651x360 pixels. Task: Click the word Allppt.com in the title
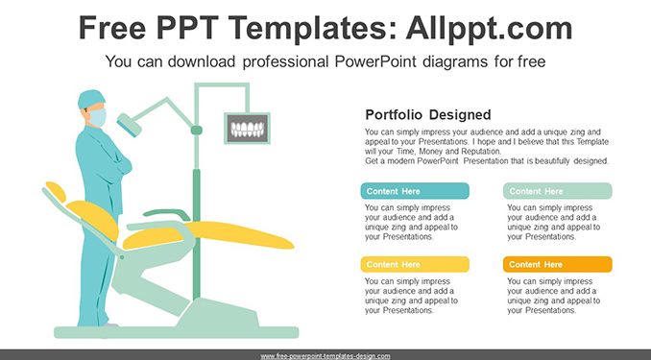pyautogui.click(x=489, y=28)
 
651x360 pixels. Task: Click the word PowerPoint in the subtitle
pyautogui.click(x=374, y=61)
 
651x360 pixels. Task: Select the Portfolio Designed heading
pyautogui.click(x=428, y=114)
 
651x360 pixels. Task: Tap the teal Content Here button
pyautogui.click(x=415, y=191)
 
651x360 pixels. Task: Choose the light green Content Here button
pyautogui.click(x=558, y=191)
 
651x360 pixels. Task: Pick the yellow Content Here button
pyautogui.click(x=415, y=265)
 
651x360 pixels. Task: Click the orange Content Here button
pyautogui.click(x=558, y=265)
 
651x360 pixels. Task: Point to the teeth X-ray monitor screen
pyautogui.click(x=248, y=129)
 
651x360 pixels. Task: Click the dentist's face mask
pyautogui.click(x=98, y=117)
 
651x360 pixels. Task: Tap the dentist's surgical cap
pyautogui.click(x=91, y=99)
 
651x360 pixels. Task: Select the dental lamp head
pyautogui.click(x=129, y=125)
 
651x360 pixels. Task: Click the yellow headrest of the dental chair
pyautogui.click(x=56, y=191)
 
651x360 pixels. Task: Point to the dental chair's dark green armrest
pyautogui.click(x=166, y=213)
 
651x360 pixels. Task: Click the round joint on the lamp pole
pyautogui.click(x=197, y=130)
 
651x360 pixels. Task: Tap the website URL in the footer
pyautogui.click(x=325, y=356)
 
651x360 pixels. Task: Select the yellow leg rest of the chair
pyautogui.click(x=239, y=235)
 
